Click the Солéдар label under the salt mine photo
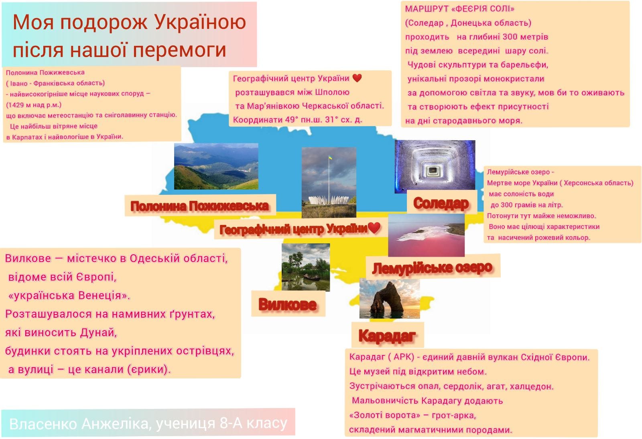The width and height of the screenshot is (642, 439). tap(441, 203)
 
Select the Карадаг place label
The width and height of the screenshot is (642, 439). tap(387, 335)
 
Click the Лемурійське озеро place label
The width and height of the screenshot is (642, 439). tap(432, 268)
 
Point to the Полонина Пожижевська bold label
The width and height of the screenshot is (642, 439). tap(199, 206)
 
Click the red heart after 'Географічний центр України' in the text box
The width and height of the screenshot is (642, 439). tap(357, 78)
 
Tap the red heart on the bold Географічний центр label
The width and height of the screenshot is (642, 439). tap(374, 228)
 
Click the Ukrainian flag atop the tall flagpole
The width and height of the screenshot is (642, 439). tap(330, 157)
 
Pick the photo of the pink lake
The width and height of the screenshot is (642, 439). tap(426, 235)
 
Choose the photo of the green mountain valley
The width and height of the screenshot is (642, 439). tap(216, 166)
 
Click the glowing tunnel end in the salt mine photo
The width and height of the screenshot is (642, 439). tap(433, 171)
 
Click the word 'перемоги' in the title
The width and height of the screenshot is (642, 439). tap(179, 49)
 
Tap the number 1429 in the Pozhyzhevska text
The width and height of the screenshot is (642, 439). tap(16, 105)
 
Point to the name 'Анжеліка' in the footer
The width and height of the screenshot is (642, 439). tap(117, 424)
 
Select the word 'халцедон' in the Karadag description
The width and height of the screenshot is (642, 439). tap(535, 386)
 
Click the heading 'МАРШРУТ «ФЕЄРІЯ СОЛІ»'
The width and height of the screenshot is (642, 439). tap(460, 8)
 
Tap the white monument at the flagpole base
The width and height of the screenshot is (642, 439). tap(329, 200)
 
